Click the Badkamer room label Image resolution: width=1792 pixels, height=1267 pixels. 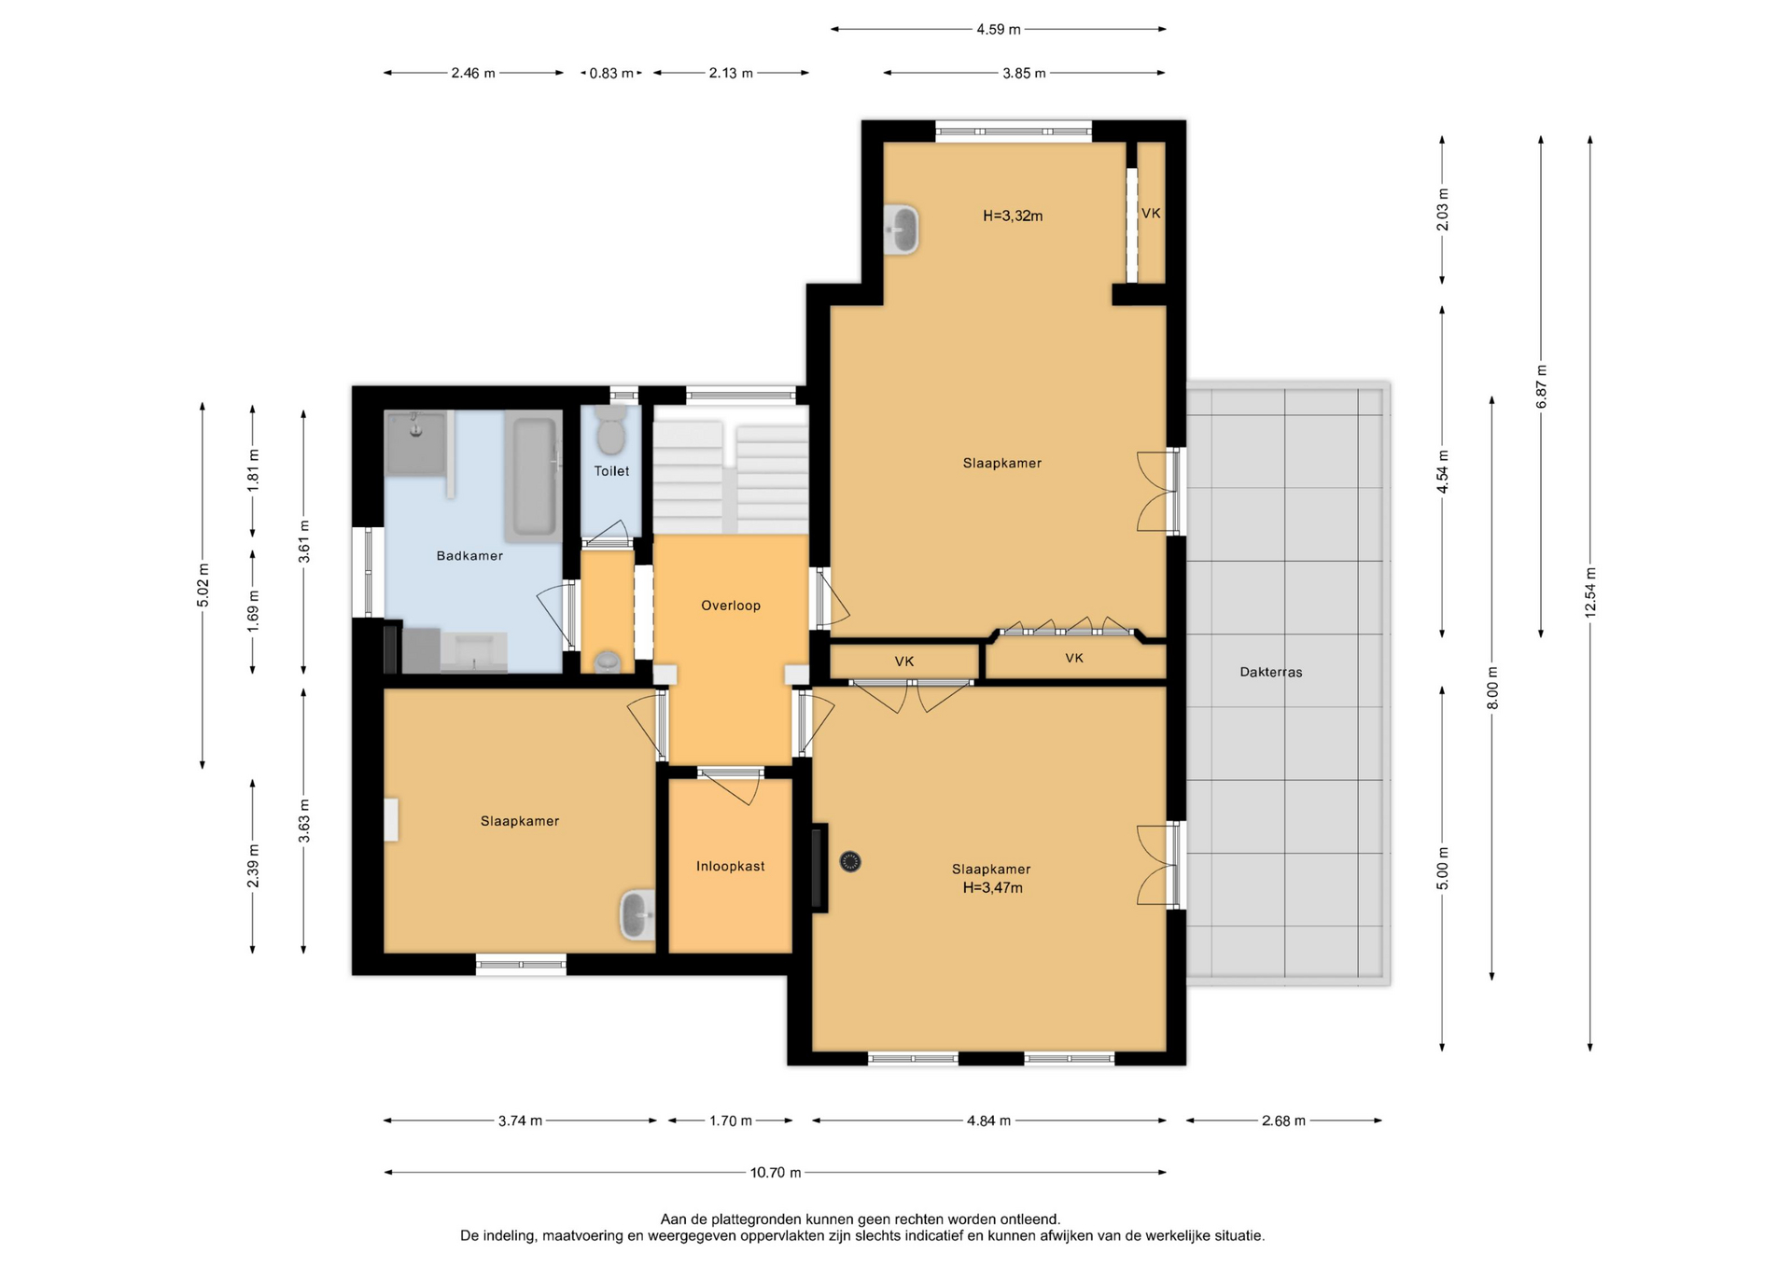click(x=469, y=556)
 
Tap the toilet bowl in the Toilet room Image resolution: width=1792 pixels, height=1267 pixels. click(x=611, y=430)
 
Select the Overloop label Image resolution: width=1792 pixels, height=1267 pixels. click(x=731, y=606)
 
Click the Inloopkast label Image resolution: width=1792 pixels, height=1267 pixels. click(x=731, y=867)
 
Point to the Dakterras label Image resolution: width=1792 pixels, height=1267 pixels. click(x=1271, y=672)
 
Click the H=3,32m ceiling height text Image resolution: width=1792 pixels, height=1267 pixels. click(x=1013, y=216)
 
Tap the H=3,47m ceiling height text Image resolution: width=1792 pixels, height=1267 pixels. click(x=993, y=888)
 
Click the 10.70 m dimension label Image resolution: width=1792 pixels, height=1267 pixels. click(x=776, y=1173)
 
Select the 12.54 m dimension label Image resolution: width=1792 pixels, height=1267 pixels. click(x=1590, y=592)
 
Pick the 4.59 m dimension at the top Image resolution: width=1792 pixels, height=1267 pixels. click(x=999, y=30)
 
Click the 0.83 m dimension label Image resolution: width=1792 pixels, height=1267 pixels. click(x=611, y=73)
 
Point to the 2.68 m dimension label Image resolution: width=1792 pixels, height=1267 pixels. click(x=1283, y=1121)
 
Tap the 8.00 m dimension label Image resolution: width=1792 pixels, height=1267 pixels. click(x=1492, y=688)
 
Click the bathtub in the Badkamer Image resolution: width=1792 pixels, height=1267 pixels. click(x=534, y=477)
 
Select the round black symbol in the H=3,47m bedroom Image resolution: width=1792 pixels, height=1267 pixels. click(x=850, y=862)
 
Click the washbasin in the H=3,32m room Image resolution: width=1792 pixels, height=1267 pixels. click(x=902, y=229)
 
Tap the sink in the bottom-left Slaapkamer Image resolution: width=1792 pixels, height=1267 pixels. click(x=638, y=914)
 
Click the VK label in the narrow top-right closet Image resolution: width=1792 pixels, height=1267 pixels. click(x=1151, y=214)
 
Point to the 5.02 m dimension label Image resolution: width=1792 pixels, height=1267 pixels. click(x=203, y=586)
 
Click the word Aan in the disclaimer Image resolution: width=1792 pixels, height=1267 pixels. click(x=674, y=1219)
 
